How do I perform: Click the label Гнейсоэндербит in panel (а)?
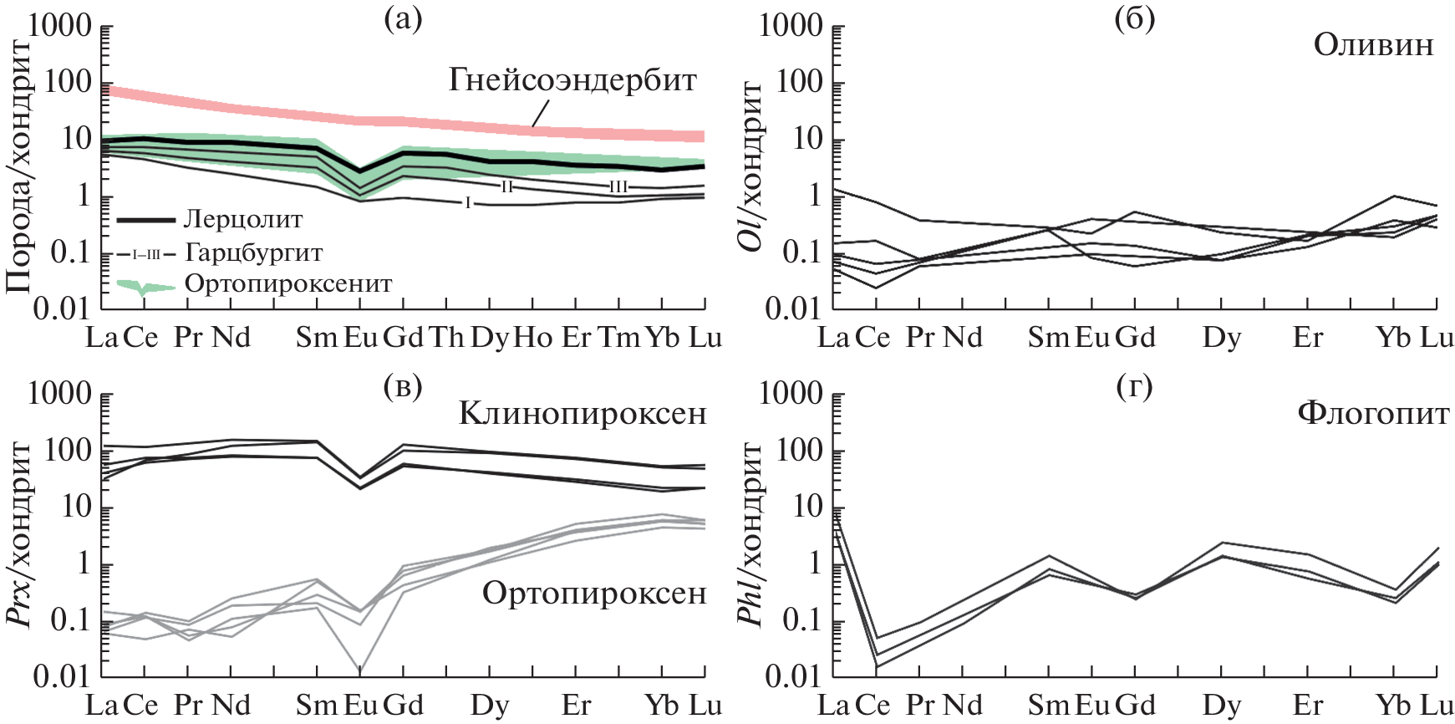(x=572, y=80)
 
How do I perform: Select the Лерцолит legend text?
(x=243, y=220)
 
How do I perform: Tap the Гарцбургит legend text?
(x=253, y=252)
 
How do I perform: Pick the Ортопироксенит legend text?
(x=288, y=284)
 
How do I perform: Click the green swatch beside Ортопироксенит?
(x=145, y=287)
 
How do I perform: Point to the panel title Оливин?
(x=1373, y=45)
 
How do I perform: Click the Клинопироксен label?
(x=583, y=413)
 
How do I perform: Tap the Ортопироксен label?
(x=594, y=594)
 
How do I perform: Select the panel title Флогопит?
(x=1373, y=413)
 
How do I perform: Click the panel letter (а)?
(x=403, y=19)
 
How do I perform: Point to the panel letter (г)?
(x=1134, y=386)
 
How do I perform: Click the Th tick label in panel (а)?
(x=447, y=338)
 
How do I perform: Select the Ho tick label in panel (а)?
(x=532, y=338)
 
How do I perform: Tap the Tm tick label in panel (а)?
(x=618, y=338)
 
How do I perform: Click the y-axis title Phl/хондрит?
(x=750, y=535)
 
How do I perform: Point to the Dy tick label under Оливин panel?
(x=1221, y=338)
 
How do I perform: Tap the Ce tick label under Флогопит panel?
(x=872, y=706)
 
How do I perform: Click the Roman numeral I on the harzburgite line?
(x=468, y=202)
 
